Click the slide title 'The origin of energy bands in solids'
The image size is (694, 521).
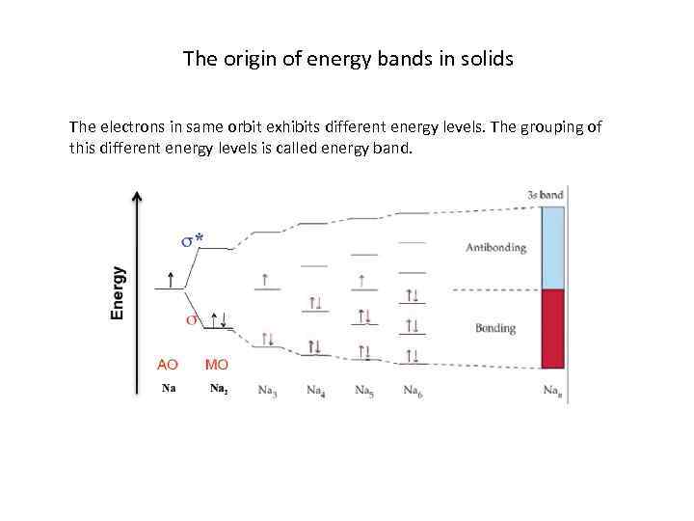348,59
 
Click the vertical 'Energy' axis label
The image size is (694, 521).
118,293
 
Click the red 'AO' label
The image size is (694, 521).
168,365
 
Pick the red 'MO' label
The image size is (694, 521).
217,365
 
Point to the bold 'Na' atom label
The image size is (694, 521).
169,389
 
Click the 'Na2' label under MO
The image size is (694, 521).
219,390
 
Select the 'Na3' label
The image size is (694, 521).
268,391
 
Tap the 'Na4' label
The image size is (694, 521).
316,391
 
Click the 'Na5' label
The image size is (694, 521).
364,391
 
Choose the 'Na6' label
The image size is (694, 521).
412,391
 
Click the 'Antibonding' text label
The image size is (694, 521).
495,247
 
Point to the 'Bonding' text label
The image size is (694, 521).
495,328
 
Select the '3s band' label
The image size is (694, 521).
546,195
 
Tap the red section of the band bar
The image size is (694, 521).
552,329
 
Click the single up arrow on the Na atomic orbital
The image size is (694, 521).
171,279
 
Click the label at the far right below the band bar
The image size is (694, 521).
553,391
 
